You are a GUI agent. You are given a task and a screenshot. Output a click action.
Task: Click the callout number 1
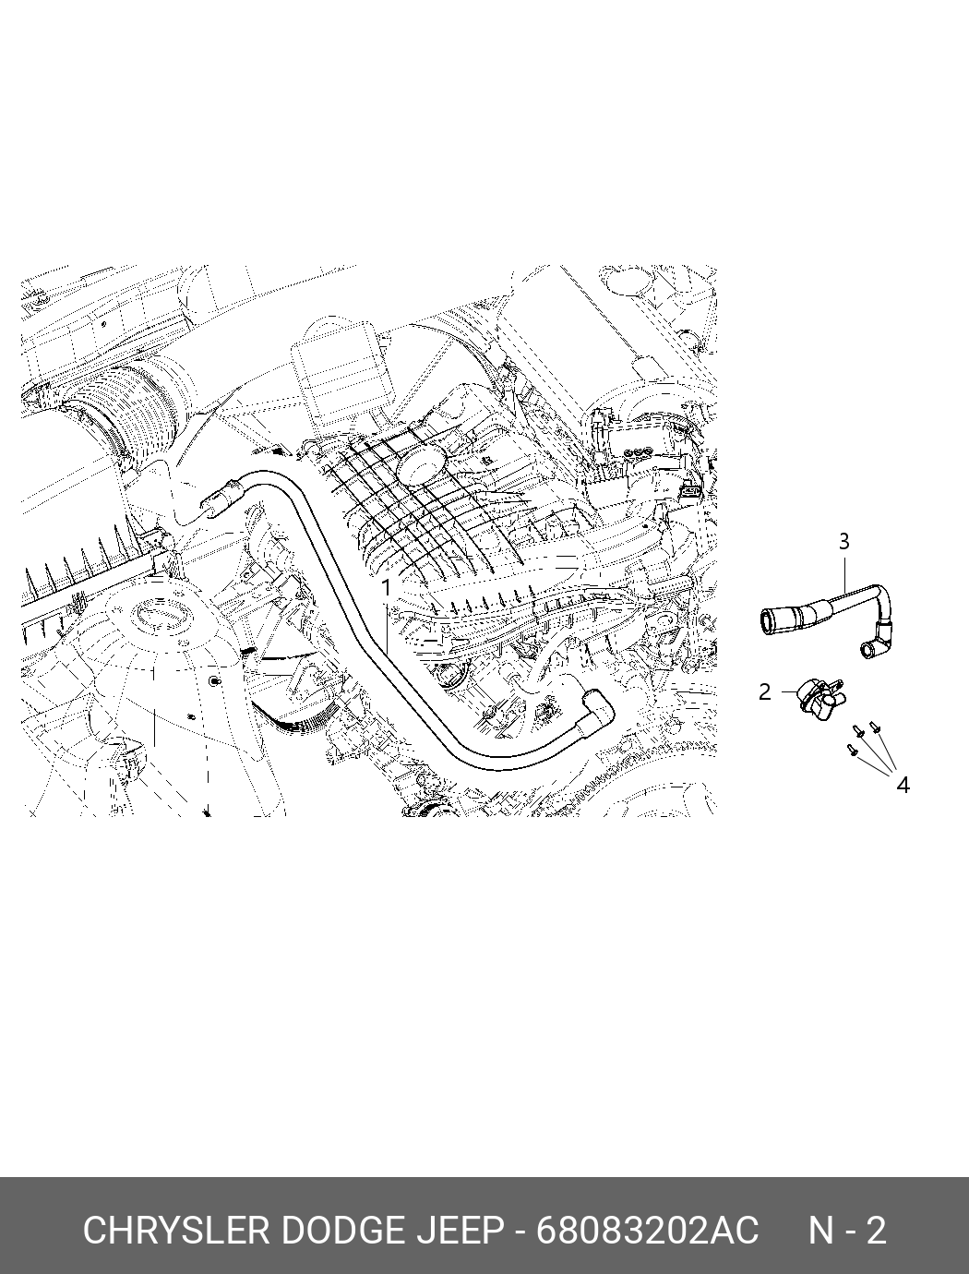coord(387,587)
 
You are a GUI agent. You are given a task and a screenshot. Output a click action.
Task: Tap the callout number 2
coord(764,691)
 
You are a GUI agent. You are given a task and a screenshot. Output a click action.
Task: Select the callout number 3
coord(843,541)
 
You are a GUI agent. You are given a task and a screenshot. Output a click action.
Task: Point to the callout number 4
coord(903,785)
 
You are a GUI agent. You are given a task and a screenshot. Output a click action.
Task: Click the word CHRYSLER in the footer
coord(175,1231)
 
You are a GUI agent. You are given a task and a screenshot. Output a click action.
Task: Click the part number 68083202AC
coord(647,1231)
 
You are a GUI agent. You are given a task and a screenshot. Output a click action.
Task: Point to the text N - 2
coord(847,1231)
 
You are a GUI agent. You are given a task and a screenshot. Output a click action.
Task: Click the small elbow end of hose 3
coord(870,651)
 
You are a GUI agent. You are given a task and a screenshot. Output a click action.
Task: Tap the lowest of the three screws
coord(852,751)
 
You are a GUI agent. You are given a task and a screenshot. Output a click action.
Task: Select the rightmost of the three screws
coord(876,729)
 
